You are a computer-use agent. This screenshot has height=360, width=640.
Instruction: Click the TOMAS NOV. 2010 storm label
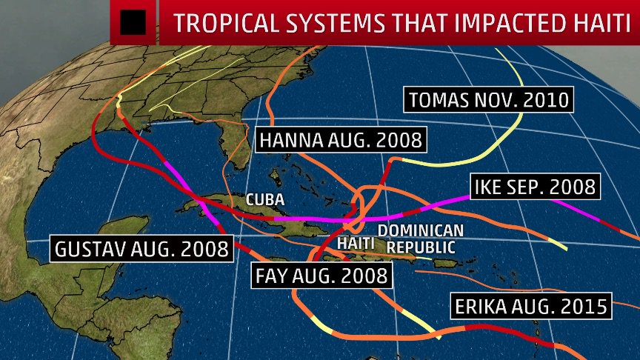[488, 99]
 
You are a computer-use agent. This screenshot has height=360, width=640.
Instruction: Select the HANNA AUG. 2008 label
[341, 140]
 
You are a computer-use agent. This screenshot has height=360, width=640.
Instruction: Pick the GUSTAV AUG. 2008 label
[141, 248]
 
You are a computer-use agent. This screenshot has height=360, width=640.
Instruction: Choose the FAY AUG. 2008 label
[321, 276]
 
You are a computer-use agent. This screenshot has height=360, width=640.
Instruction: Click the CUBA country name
[265, 200]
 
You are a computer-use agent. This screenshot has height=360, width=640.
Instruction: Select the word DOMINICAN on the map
[421, 231]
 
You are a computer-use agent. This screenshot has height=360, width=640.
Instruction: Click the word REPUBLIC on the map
[419, 247]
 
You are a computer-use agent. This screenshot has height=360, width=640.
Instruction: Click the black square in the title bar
[133, 23]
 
